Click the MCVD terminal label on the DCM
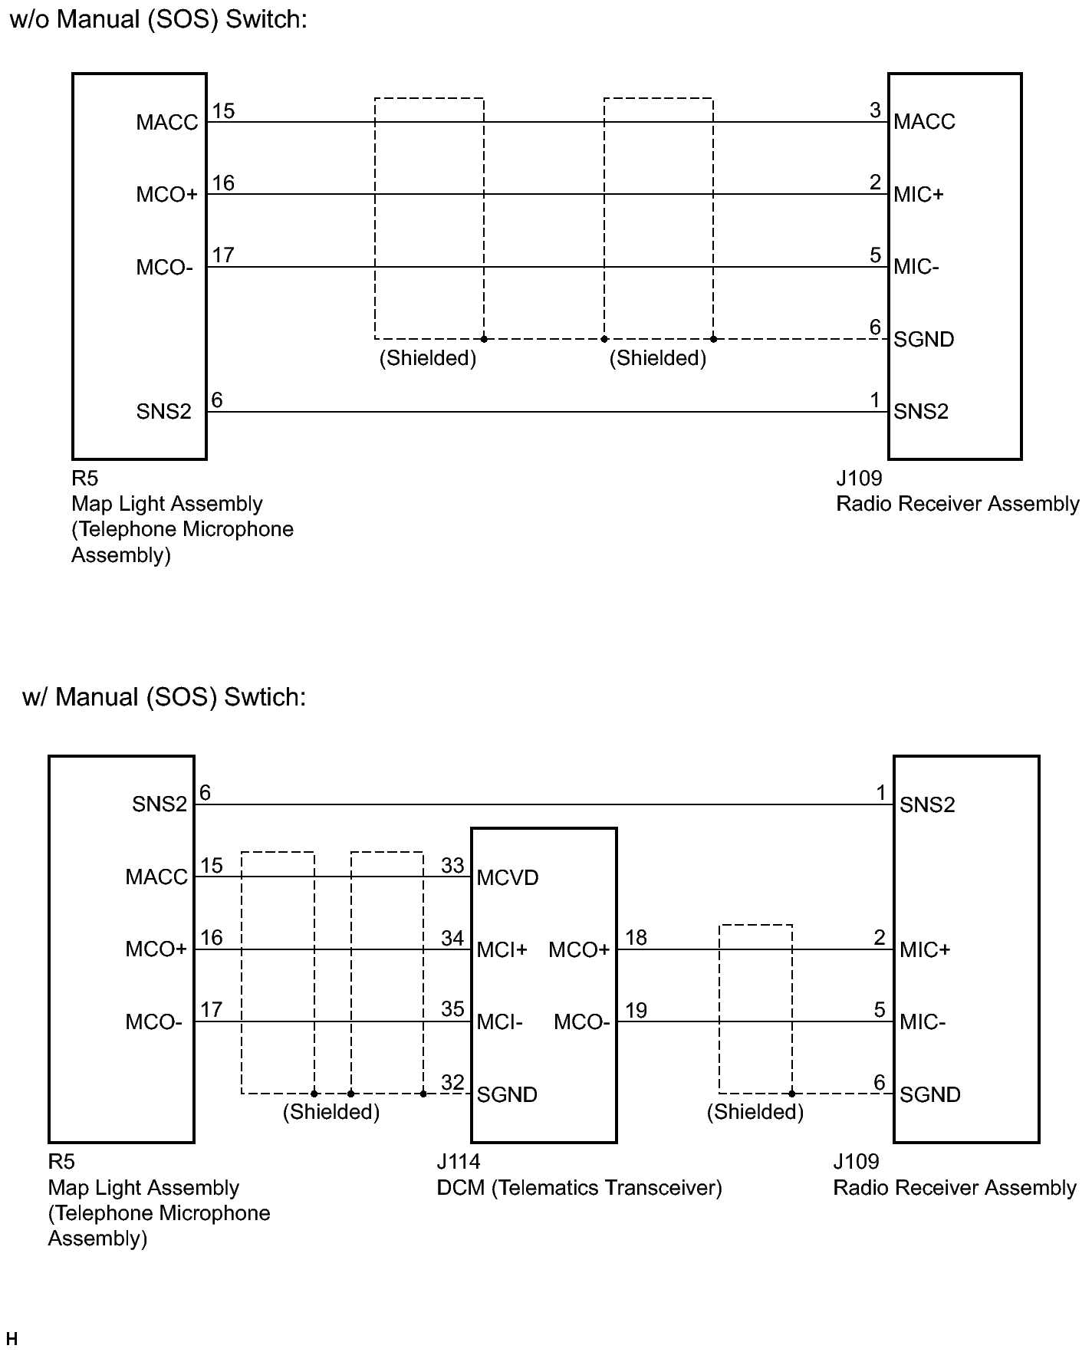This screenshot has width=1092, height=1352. [x=507, y=877]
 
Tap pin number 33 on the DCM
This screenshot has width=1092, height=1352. [x=452, y=865]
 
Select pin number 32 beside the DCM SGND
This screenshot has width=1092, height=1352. [x=452, y=1082]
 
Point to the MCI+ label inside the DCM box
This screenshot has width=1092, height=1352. [x=502, y=950]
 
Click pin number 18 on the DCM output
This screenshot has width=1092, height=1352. [x=636, y=937]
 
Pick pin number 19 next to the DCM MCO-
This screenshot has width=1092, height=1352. [x=636, y=1010]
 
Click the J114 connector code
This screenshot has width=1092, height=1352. [x=458, y=1162]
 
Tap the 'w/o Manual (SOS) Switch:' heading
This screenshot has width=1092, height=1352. [x=158, y=20]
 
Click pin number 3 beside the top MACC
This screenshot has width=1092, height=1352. [x=875, y=110]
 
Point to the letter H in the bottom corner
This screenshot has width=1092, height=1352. [x=11, y=1339]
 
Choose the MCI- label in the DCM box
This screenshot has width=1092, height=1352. [x=499, y=1022]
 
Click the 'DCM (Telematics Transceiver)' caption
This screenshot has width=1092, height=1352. [x=579, y=1188]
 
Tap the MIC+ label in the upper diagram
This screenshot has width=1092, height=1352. [x=918, y=195]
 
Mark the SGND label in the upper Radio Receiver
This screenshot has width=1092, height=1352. [x=923, y=340]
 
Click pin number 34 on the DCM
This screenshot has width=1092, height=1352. [x=452, y=937]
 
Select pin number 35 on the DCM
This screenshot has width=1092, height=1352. [x=452, y=1009]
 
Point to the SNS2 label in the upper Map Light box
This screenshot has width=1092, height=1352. [x=163, y=412]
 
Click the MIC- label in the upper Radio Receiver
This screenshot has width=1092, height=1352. [x=916, y=268]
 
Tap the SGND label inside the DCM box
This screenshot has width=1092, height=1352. [x=506, y=1095]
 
